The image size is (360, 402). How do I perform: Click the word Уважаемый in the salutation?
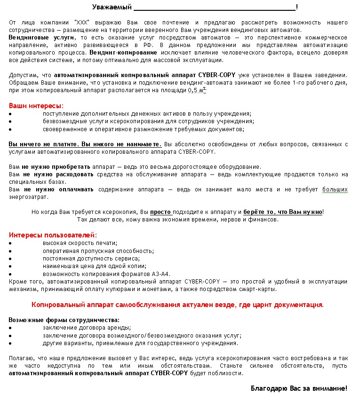[112, 7]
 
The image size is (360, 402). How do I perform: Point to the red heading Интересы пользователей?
[53, 234]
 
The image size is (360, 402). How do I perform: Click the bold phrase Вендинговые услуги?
[41, 37]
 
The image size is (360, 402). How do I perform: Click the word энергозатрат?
[28, 197]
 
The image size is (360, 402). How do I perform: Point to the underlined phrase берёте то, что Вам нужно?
[282, 212]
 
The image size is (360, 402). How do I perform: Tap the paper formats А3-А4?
[160, 274]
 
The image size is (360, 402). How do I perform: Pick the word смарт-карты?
[260, 289]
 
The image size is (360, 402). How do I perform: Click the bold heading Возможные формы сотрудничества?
[64, 320]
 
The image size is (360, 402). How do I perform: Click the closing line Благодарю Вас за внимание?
[298, 388]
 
